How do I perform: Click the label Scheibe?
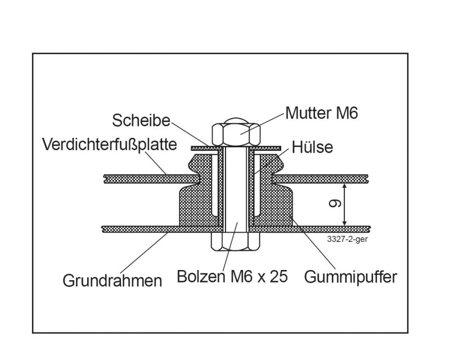141,120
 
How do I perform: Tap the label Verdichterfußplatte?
109,145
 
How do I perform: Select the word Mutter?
308,113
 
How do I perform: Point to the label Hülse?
312,147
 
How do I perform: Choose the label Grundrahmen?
112,281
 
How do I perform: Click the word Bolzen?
201,276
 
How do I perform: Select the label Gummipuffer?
350,277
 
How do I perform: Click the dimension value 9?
335,203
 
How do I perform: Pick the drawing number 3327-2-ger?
347,239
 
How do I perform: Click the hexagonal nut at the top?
236,134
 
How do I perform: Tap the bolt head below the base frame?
236,241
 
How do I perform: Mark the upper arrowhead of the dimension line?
345,187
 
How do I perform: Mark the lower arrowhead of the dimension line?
345,223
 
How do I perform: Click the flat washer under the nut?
236,148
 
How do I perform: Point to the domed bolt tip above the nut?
236,120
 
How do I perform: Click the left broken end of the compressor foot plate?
105,179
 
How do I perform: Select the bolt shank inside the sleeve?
236,190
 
